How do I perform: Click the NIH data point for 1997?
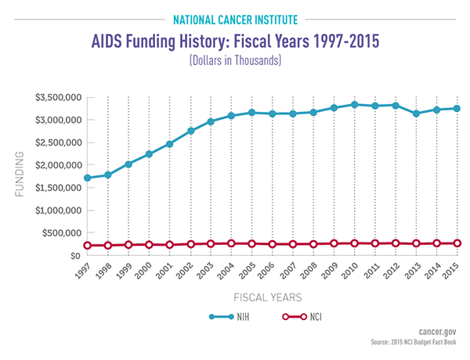[x=87, y=178]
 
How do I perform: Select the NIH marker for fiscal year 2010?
[x=354, y=105]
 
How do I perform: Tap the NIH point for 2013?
[x=416, y=113]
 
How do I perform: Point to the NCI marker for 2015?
[x=457, y=243]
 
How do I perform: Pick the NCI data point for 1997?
[x=87, y=246]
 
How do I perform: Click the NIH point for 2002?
[x=190, y=131]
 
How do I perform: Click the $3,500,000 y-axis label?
[x=57, y=97]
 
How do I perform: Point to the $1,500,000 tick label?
[x=57, y=188]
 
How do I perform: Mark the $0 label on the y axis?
[x=74, y=256]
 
